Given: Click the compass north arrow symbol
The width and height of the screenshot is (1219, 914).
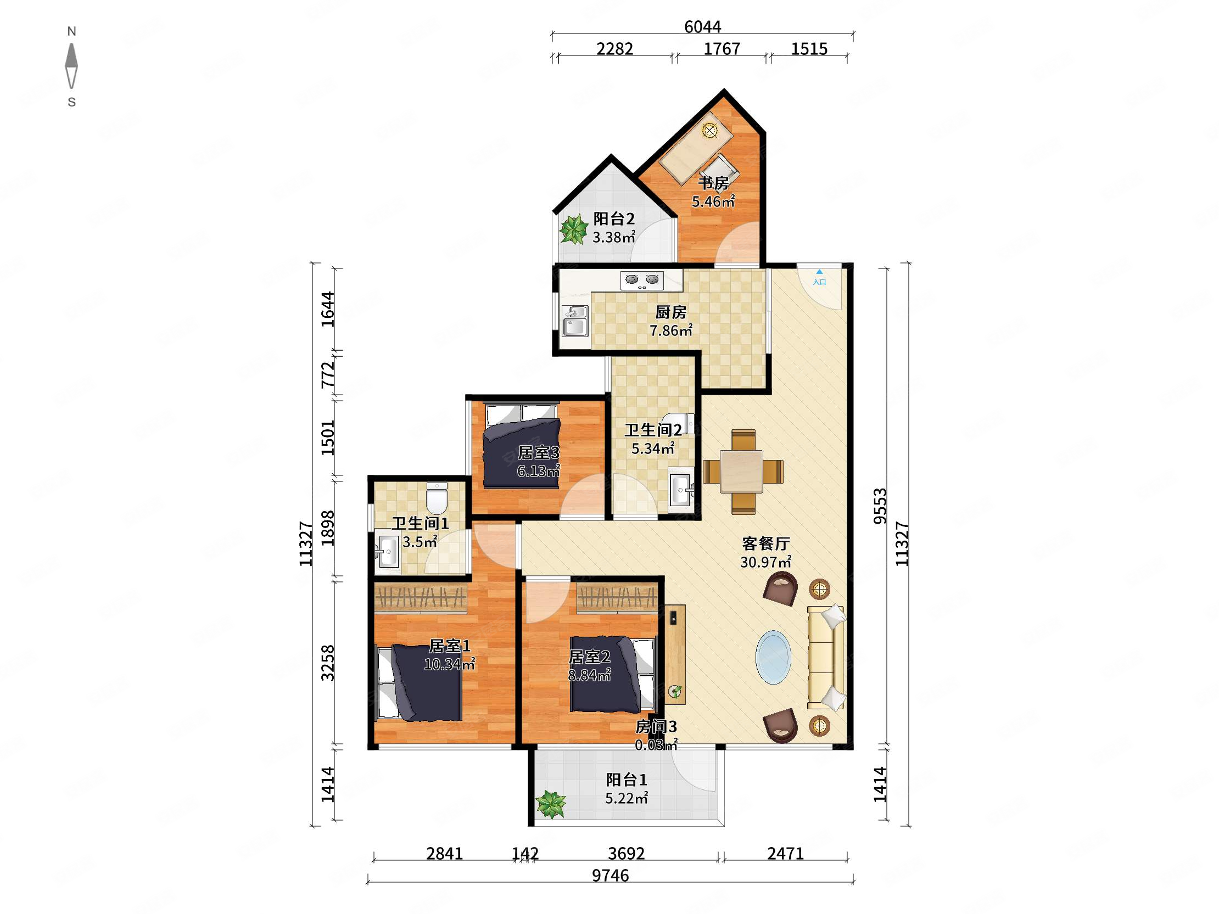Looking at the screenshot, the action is (71, 65).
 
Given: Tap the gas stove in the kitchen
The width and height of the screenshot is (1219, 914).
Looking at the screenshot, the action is (642, 281).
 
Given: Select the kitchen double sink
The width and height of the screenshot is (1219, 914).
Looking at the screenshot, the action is (575, 321).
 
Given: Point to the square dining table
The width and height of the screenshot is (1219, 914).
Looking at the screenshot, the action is (741, 471).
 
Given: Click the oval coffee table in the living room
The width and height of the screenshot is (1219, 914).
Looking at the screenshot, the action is (774, 657).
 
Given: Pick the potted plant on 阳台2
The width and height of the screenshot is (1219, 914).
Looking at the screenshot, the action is (574, 229).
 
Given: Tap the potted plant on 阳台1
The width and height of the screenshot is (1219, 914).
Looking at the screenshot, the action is (551, 804).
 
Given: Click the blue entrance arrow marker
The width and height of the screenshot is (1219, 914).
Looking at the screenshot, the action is (819, 272).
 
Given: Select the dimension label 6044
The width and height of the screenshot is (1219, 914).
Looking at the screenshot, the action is (703, 26).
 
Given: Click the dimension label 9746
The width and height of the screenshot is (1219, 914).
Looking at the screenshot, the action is (610, 875).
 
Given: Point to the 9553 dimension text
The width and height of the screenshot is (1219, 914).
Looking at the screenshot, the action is (880, 506).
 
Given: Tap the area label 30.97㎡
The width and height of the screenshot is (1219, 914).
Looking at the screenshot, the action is (766, 562).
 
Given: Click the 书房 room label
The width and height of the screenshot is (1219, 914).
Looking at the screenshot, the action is (714, 182).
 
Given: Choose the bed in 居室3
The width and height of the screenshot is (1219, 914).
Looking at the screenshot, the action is (521, 446).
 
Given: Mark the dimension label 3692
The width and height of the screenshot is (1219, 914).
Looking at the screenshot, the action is (626, 853).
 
